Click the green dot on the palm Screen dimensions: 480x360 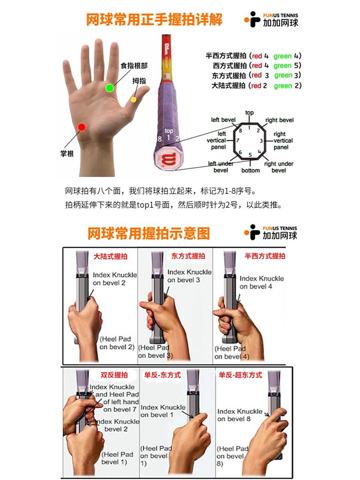click(109, 88)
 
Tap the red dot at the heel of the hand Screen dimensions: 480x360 click(81, 127)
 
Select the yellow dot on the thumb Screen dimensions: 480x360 click(133, 99)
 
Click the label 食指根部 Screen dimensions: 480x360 click(134, 66)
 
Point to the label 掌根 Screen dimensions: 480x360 click(67, 154)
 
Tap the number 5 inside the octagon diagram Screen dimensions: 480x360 click(250, 154)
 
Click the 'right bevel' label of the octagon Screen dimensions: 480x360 click(279, 120)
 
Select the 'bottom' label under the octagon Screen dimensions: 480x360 click(250, 170)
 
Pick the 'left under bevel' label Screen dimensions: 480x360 click(221, 167)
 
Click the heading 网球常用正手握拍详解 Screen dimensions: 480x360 click(154, 19)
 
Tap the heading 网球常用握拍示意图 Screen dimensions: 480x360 click(148, 233)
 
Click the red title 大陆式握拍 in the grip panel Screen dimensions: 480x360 click(110, 256)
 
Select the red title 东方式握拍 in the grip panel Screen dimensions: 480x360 click(188, 256)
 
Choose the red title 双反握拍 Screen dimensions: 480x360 click(114, 375)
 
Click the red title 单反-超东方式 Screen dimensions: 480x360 click(240, 375)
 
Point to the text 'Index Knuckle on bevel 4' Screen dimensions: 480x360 click(261, 282)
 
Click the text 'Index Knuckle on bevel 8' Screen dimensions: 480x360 click(240, 415)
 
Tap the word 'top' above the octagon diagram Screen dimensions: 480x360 click(249, 112)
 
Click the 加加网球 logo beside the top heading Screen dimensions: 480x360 click(271, 19)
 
